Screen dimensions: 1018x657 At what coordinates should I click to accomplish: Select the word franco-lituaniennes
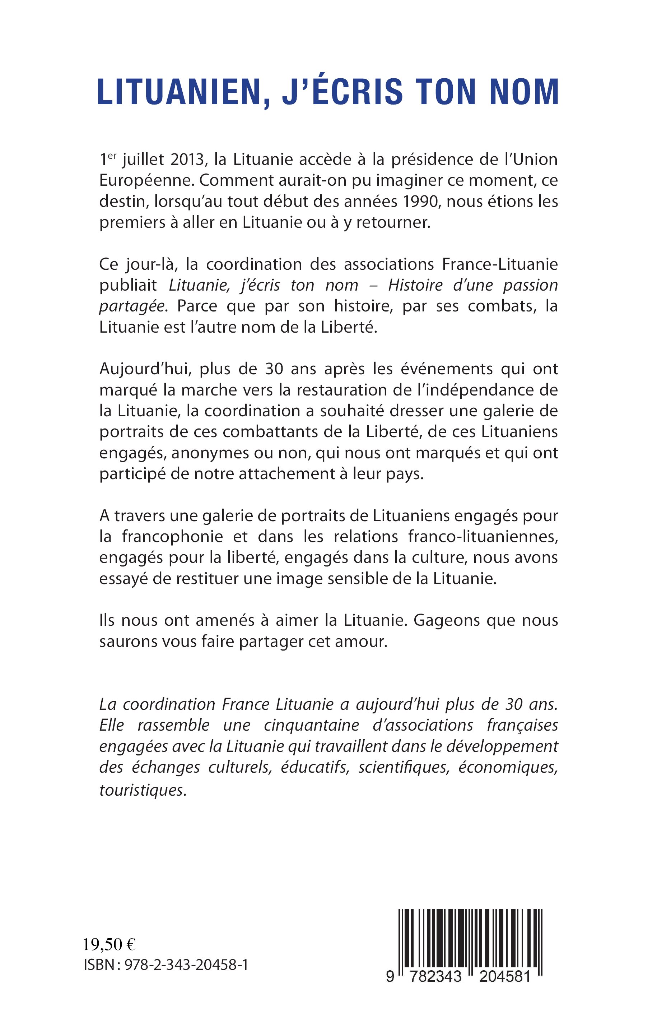pyautogui.click(x=483, y=537)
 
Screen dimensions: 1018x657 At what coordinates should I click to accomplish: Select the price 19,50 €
pyautogui.click(x=109, y=945)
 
